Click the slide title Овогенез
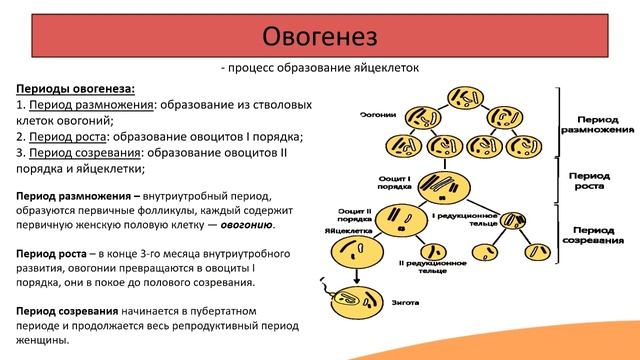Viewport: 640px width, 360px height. click(x=320, y=37)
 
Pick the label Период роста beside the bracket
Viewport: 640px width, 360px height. click(x=589, y=180)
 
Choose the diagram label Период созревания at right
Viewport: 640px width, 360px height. click(x=594, y=235)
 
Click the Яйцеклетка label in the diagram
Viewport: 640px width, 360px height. click(x=344, y=228)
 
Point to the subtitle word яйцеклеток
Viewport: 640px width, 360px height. click(x=384, y=68)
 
